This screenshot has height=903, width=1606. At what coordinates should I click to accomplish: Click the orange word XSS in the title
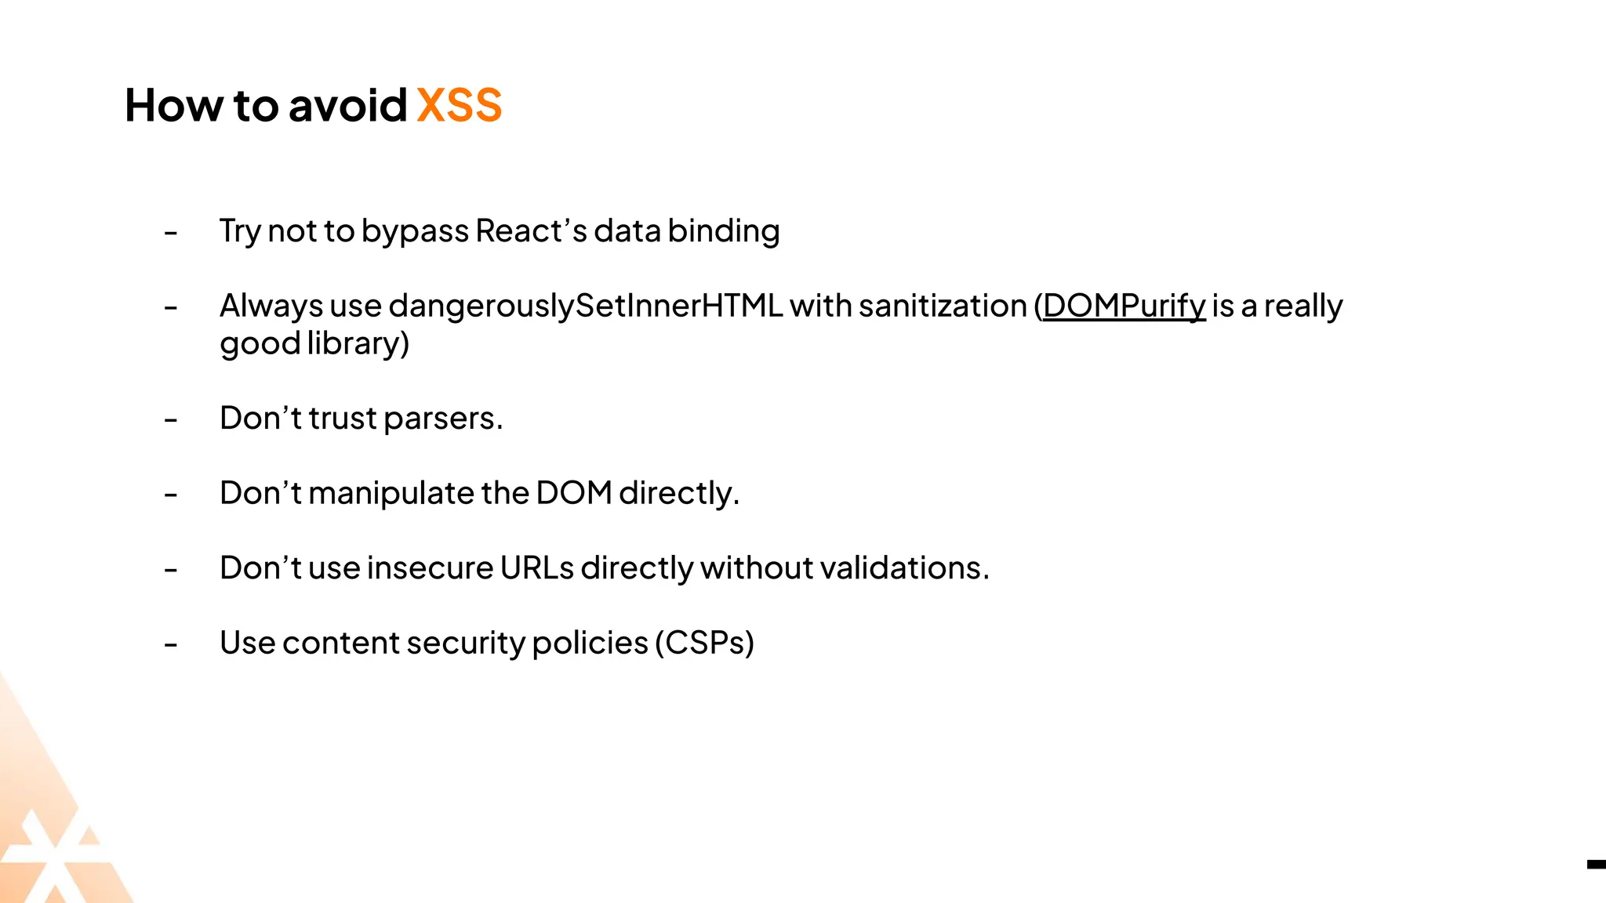(459, 105)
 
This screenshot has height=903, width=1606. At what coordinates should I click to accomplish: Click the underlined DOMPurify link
(1124, 306)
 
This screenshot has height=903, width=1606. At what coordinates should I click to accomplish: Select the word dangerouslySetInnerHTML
(585, 306)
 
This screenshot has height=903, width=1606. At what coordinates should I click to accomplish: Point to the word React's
(531, 231)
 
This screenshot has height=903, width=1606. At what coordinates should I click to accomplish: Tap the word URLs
(537, 568)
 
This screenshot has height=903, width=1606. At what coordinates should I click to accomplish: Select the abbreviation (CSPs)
(704, 644)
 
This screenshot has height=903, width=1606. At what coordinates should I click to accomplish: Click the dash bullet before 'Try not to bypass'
(171, 233)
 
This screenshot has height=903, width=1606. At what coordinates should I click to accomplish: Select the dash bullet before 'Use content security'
(171, 645)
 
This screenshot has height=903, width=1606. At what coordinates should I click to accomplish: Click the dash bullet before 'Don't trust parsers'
(171, 420)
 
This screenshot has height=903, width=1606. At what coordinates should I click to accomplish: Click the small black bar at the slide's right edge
(1596, 865)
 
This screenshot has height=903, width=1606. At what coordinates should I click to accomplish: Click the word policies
(590, 644)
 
